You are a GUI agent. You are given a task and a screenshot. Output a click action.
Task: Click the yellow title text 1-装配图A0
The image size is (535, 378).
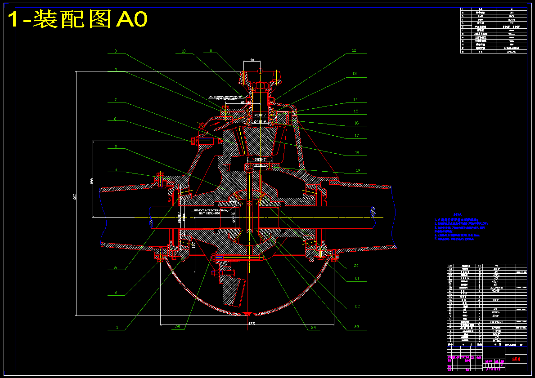(x=78, y=20)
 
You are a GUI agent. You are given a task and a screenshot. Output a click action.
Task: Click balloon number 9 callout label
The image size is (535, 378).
(x=115, y=51)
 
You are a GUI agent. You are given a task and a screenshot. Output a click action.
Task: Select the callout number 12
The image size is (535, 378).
(x=354, y=51)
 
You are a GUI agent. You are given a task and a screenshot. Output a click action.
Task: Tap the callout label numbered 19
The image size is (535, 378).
(x=358, y=170)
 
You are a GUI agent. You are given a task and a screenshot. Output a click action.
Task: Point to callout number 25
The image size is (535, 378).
(x=178, y=327)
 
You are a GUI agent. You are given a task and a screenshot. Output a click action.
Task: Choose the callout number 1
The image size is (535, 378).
(x=117, y=328)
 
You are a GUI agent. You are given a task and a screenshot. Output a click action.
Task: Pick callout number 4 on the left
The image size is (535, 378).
(x=116, y=170)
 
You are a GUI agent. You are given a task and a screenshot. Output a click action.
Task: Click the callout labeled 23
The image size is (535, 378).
(x=357, y=327)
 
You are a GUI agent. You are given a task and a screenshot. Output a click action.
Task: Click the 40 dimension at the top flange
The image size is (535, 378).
(x=252, y=60)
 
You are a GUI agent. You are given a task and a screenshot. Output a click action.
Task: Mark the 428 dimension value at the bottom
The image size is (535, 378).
(x=252, y=323)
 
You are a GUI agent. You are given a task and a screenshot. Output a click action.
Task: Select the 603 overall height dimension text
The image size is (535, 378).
(x=74, y=196)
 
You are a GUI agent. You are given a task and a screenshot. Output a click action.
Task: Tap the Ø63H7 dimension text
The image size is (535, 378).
(x=260, y=160)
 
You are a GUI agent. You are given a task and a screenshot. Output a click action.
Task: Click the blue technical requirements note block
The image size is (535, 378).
(x=461, y=227)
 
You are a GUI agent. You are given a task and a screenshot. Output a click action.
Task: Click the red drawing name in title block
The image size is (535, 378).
(x=516, y=360)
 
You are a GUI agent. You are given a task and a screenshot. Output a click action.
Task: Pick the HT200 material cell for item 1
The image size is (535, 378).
(x=497, y=341)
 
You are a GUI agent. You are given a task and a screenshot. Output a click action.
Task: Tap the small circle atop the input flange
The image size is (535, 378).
(x=260, y=71)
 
